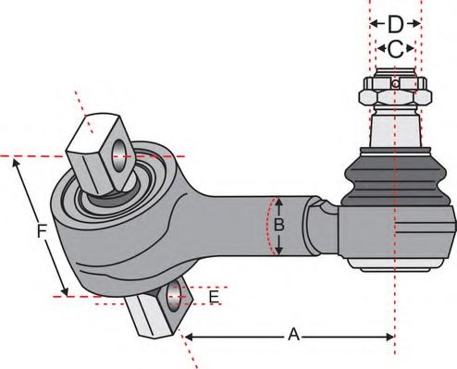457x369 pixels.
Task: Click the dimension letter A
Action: [x=294, y=335]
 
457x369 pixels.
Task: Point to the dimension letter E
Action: [x=214, y=297]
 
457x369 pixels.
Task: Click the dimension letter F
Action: [x=42, y=232]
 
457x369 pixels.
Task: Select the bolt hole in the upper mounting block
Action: [x=119, y=151]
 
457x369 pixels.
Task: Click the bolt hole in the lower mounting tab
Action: [x=176, y=296]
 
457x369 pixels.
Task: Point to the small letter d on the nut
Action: [x=396, y=84]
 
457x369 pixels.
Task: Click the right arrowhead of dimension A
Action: [x=389, y=335]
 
